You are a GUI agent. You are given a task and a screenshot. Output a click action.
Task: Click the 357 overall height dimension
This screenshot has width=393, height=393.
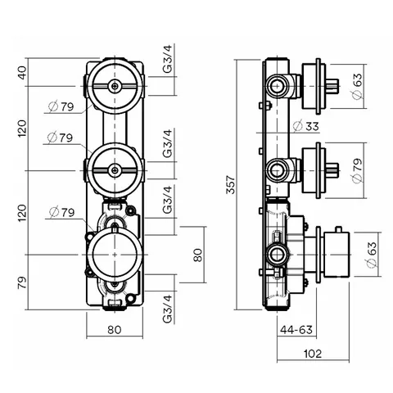(231, 185)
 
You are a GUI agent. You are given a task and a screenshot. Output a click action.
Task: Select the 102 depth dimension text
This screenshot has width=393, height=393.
(313, 354)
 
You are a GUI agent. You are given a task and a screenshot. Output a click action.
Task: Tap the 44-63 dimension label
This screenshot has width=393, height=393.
(296, 330)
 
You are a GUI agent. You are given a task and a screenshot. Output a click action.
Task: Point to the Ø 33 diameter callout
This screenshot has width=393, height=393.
(305, 126)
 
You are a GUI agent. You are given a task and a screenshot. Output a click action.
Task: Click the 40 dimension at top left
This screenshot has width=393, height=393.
(23, 73)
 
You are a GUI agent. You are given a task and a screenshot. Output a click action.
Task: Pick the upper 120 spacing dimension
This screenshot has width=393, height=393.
(23, 129)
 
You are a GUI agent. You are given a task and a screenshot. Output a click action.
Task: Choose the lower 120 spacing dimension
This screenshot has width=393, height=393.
(23, 213)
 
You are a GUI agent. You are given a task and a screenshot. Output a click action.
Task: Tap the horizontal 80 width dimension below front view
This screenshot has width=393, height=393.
(114, 330)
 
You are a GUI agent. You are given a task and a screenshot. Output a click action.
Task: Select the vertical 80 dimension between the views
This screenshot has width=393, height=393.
(198, 255)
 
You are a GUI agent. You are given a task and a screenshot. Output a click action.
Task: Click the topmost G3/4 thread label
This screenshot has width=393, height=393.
(168, 59)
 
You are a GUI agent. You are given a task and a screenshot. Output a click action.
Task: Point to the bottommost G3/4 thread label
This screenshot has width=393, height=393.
(168, 309)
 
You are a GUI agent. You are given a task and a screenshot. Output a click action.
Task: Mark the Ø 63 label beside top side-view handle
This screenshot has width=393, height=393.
(357, 86)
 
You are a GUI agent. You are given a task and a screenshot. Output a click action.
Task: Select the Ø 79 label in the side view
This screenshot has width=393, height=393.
(357, 170)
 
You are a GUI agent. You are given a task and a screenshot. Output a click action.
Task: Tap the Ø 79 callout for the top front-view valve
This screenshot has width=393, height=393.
(61, 106)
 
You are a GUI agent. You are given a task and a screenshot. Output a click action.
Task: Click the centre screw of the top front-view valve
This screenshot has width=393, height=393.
(115, 86)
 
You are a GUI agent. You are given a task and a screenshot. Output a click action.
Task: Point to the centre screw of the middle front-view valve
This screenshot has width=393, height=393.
(115, 170)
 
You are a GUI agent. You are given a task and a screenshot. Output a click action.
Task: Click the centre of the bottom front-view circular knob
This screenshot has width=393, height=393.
(115, 255)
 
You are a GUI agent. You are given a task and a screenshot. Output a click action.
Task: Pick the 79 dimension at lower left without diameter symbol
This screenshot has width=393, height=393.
(23, 282)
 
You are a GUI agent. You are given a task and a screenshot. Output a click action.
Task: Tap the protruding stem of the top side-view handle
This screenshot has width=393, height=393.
(332, 86)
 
